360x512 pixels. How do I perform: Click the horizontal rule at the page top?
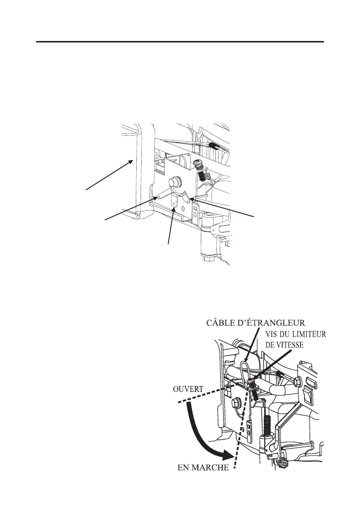(x=180, y=42)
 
